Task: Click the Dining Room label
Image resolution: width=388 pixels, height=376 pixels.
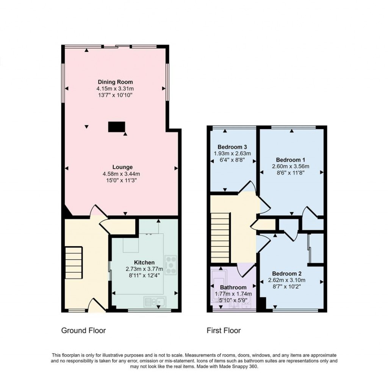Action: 115,82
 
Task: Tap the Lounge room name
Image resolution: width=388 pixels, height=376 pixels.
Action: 122,167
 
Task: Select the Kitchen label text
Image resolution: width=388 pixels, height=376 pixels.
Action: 144,262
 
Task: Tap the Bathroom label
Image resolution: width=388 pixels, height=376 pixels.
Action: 233,287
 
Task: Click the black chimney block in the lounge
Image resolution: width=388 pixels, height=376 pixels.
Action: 117,126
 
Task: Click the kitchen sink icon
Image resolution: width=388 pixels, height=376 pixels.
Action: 155,301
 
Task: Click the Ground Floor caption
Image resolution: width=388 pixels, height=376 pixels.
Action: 83,331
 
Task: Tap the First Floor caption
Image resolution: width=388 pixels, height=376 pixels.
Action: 224,331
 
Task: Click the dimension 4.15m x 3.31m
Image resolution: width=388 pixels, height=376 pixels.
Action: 115,88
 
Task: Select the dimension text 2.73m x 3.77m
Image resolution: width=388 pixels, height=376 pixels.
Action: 144,269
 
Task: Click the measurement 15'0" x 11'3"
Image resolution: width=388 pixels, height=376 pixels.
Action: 122,180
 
